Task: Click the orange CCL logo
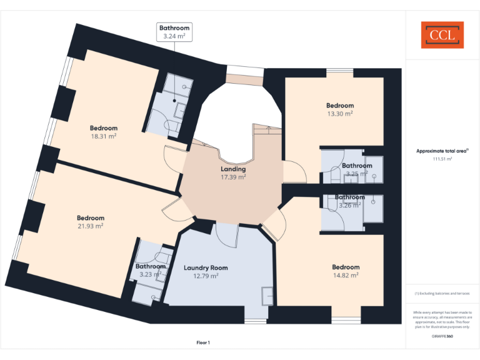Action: pyautogui.click(x=442, y=34)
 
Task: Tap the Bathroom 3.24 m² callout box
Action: pyautogui.click(x=173, y=32)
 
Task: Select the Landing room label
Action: pyautogui.click(x=233, y=169)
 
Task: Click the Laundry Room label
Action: pyautogui.click(x=206, y=267)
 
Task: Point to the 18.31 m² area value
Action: pyautogui.click(x=104, y=136)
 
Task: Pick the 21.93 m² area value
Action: pyautogui.click(x=91, y=226)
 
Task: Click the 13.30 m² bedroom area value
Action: pyautogui.click(x=340, y=114)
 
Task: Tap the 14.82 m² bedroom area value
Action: pyautogui.click(x=346, y=275)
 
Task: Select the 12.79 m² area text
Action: pyautogui.click(x=206, y=276)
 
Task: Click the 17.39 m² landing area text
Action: pyautogui.click(x=233, y=177)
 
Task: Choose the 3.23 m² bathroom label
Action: pyautogui.click(x=151, y=274)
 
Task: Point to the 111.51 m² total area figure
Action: pyautogui.click(x=442, y=159)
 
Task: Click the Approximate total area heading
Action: pyautogui.click(x=441, y=151)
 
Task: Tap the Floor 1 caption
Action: pyautogui.click(x=203, y=342)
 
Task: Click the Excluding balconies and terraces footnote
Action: pyautogui.click(x=442, y=293)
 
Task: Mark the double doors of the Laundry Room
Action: pyautogui.click(x=226, y=234)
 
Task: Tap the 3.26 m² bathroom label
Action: pyautogui.click(x=350, y=205)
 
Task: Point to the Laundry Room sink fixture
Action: pyautogui.click(x=267, y=295)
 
